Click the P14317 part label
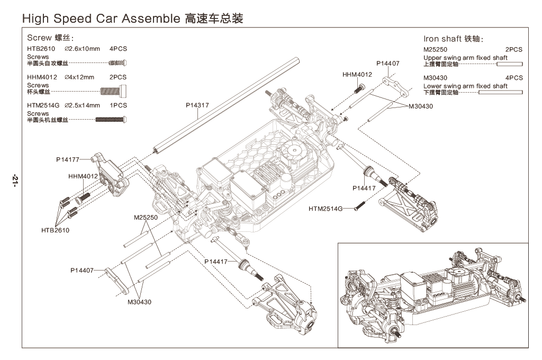(197, 105)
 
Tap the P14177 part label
(67, 159)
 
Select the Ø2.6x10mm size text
(82, 49)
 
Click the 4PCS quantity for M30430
(513, 78)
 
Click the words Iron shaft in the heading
(442, 39)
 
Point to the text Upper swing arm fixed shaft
(465, 58)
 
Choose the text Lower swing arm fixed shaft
(465, 86)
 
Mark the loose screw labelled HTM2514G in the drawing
(358, 205)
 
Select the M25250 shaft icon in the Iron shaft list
(509, 64)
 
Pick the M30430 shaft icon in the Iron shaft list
(500, 92)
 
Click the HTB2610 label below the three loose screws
(55, 230)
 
